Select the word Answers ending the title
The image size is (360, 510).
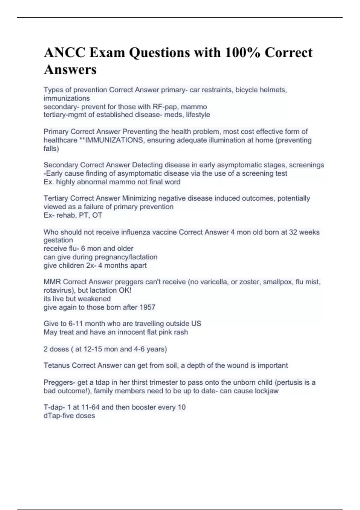point(70,70)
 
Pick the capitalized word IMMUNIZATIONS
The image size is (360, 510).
point(114,140)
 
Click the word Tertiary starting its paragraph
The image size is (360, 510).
point(56,198)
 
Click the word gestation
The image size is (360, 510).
point(58,240)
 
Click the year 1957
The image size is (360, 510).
point(147,307)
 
